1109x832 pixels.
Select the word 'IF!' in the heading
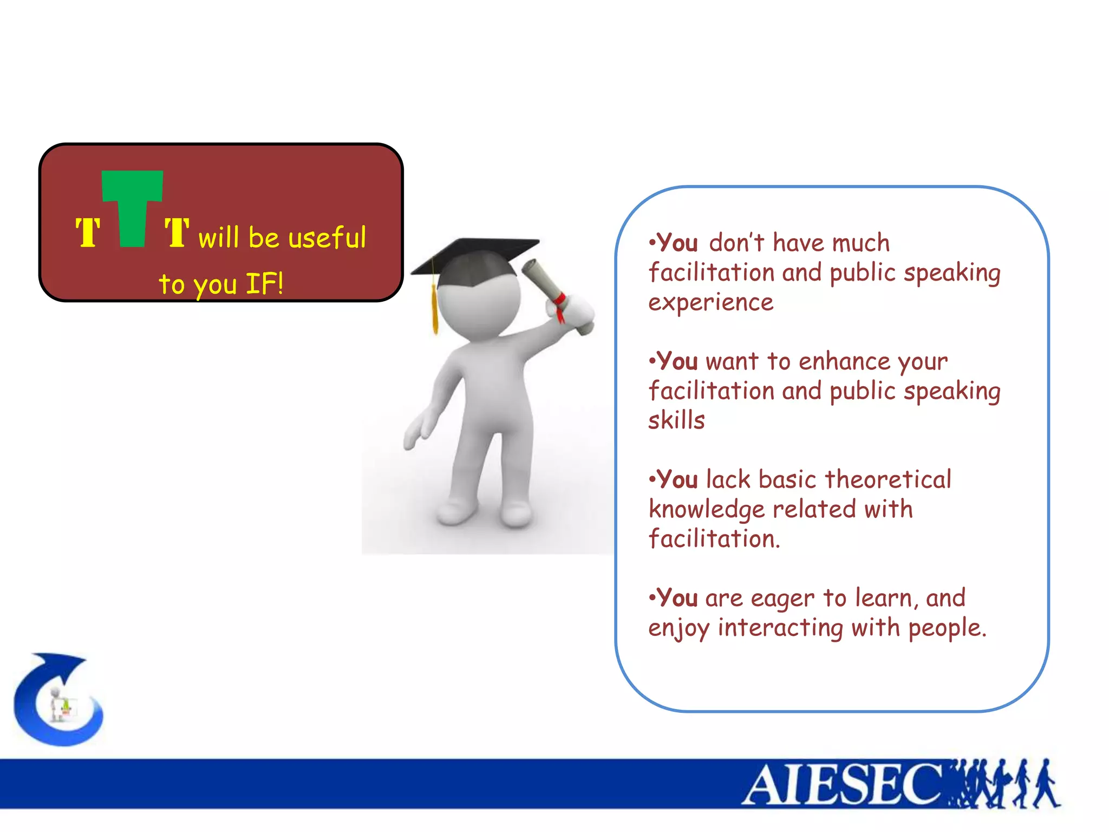click(265, 283)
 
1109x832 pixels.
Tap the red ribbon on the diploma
click(560, 307)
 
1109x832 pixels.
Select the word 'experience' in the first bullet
click(711, 302)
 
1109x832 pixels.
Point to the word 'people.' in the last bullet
click(948, 628)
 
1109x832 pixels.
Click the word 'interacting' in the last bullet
click(780, 628)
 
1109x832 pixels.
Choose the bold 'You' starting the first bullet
click(677, 243)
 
